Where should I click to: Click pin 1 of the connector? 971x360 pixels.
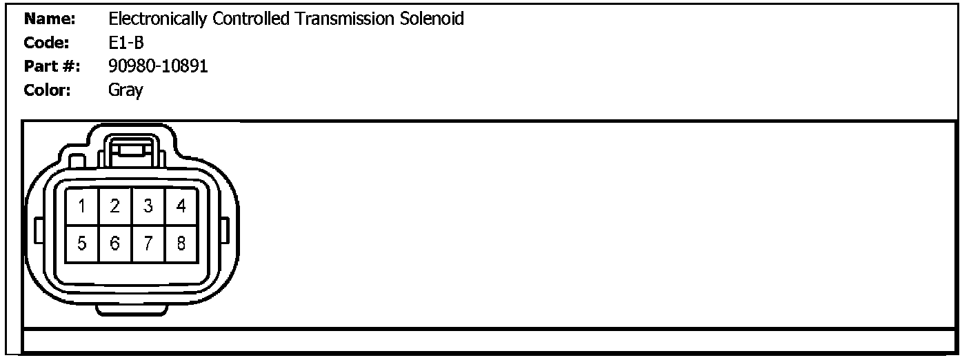coord(82,206)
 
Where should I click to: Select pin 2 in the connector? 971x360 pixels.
coord(115,206)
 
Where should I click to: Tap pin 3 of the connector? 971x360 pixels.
coord(148,206)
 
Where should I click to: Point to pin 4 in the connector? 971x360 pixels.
coord(181,206)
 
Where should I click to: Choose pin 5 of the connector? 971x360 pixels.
coord(82,243)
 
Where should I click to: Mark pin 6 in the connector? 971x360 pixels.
coord(115,243)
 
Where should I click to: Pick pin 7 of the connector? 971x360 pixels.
coord(148,243)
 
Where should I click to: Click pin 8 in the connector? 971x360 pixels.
coord(181,243)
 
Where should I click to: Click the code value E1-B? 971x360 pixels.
coord(126,43)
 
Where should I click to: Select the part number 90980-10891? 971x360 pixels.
coord(159,67)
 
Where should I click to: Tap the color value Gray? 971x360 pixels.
coord(126,91)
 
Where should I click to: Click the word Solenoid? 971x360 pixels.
coord(432,19)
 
